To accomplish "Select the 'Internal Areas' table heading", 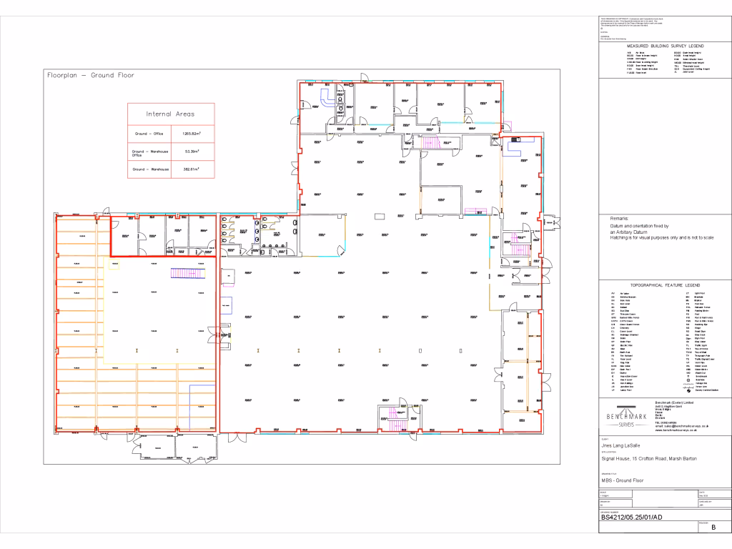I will point(170,114).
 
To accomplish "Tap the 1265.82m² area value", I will point(191,134).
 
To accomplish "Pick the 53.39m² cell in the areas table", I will point(191,152).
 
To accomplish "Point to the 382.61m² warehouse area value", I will point(191,169).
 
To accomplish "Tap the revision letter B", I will point(713,528).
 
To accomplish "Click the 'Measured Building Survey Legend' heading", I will point(666,45).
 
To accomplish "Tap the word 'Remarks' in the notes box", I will point(620,218).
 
